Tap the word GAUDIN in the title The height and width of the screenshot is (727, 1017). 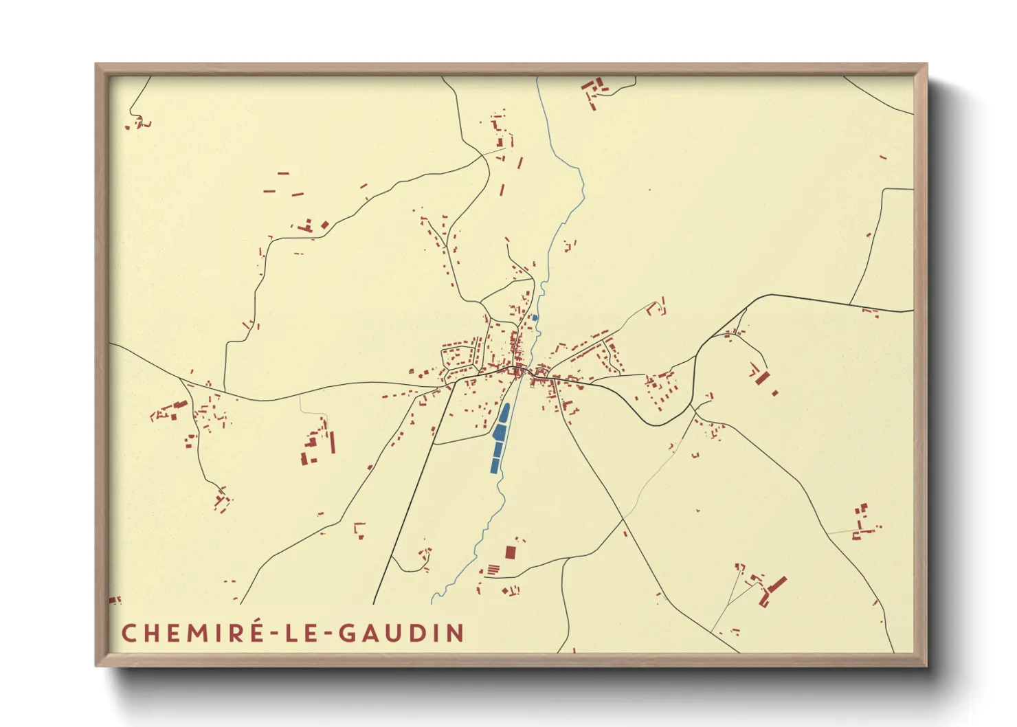[401, 633]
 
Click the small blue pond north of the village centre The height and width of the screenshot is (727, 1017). [535, 317]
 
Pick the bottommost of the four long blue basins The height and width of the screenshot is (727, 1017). [495, 465]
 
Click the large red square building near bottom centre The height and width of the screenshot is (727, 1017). [510, 552]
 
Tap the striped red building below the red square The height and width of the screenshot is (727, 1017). [493, 570]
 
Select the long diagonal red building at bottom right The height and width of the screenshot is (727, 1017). [777, 586]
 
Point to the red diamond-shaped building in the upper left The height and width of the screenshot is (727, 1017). [325, 225]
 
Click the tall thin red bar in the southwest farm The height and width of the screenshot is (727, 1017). [333, 442]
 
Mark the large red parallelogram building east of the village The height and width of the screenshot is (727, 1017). [761, 377]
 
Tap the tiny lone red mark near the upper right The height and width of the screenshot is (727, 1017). [883, 157]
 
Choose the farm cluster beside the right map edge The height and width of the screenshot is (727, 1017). [861, 522]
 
